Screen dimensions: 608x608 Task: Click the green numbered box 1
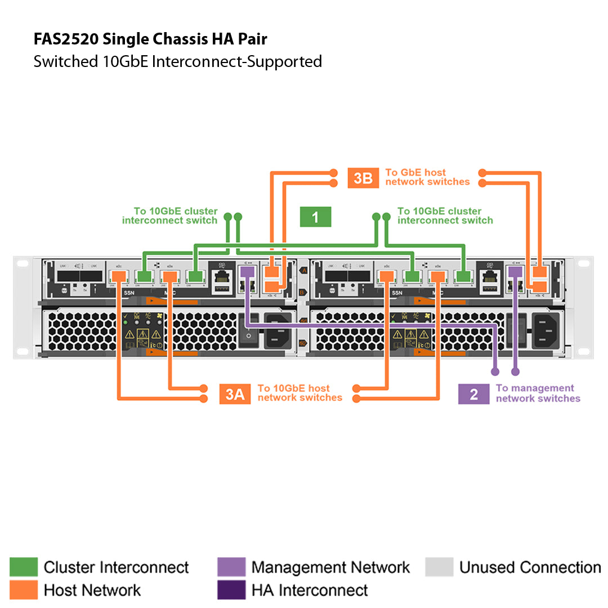[315, 217]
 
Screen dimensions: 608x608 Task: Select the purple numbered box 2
[473, 394]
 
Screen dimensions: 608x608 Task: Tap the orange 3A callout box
[235, 394]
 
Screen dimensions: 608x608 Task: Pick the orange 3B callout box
[363, 178]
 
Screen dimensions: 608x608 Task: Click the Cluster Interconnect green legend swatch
[24, 567]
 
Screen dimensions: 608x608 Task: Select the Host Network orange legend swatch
[24, 590]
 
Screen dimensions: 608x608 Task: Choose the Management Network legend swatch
[231, 567]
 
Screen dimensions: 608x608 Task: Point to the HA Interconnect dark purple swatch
[231, 590]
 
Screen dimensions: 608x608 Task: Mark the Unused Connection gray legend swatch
[439, 567]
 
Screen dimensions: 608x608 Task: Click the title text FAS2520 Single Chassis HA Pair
[150, 39]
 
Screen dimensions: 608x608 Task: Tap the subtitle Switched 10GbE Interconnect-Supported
[177, 61]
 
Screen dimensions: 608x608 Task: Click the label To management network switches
[537, 394]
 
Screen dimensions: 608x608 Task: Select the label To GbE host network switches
[427, 177]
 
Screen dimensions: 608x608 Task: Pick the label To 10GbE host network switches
[299, 393]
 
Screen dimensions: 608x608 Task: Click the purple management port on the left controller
[247, 272]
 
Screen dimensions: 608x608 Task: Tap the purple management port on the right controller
[514, 272]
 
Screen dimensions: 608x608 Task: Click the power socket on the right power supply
[546, 330]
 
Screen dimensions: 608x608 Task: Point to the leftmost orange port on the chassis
[119, 276]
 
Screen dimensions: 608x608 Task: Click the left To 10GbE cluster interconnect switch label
[169, 216]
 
